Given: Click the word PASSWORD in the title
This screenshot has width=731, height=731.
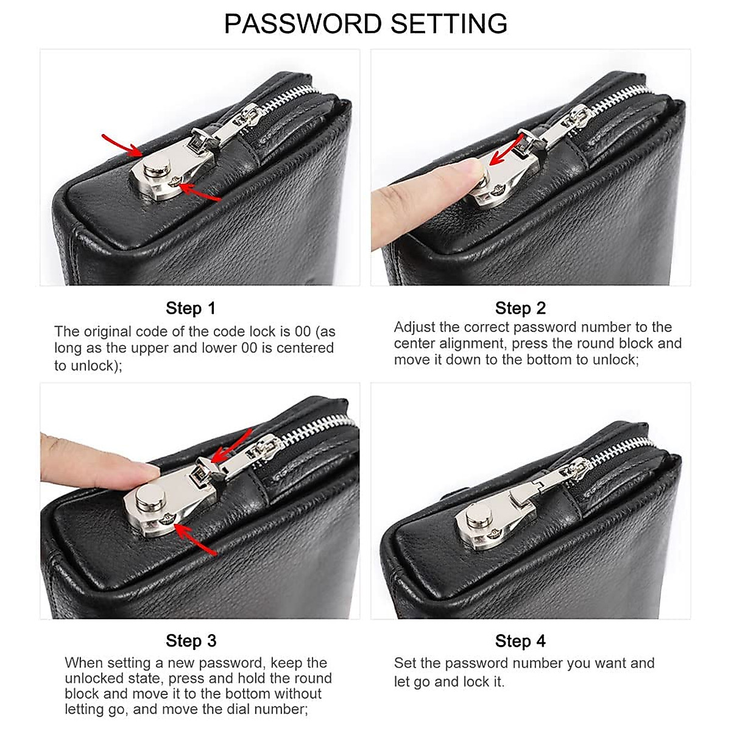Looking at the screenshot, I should pos(303,24).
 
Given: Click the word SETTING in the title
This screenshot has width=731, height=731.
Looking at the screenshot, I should pos(449,24).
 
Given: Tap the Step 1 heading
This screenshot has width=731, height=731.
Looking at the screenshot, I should pos(191,308).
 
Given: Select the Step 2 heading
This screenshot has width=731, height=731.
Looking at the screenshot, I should pos(520,308).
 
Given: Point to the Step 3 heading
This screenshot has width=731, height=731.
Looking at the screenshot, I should pos(191,641).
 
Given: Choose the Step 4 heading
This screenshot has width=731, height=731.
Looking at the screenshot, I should pos(520,641).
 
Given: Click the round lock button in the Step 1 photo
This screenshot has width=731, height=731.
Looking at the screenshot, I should pos(157,165).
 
